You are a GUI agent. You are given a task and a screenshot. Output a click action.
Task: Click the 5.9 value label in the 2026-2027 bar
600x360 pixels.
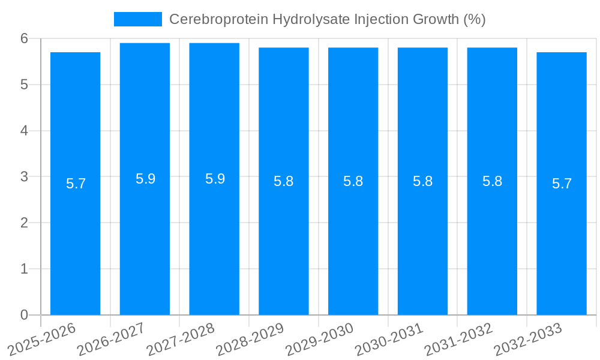145,179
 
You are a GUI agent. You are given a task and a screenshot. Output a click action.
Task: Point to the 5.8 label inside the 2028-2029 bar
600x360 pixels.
283,181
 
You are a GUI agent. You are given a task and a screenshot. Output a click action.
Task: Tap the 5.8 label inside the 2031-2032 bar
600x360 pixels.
492,181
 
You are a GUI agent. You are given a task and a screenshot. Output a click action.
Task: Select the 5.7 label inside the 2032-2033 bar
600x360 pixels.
562,184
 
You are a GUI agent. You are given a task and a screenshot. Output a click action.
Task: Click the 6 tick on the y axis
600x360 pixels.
24,38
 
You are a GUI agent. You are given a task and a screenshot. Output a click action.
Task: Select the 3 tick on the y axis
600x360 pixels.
24,177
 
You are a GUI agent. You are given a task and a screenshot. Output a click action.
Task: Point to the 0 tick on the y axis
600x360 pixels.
24,315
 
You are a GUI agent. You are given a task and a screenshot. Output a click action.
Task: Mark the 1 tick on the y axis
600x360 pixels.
24,269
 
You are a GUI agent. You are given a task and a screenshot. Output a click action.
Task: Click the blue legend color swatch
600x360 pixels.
138,19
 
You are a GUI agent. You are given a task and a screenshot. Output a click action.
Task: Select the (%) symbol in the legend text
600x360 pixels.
474,19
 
